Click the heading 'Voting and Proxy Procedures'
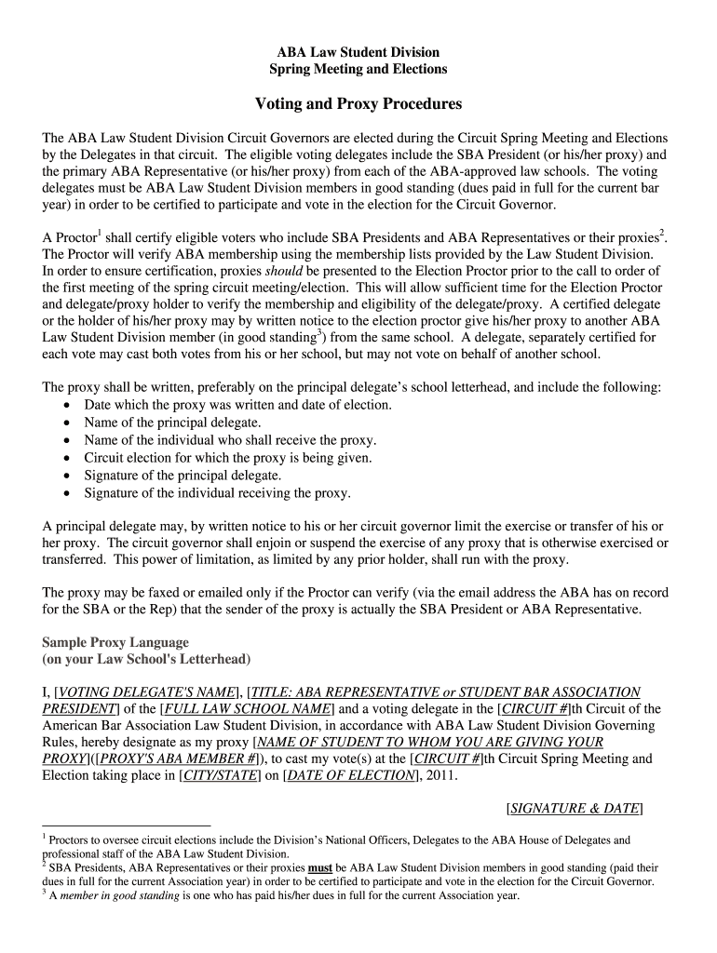[x=358, y=104]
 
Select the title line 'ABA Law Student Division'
[x=358, y=52]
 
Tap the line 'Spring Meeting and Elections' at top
[x=358, y=69]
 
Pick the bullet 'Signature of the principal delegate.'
[x=183, y=476]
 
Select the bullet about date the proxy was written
[x=237, y=405]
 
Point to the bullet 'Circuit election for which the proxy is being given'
[x=228, y=458]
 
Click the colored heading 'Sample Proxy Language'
[x=115, y=643]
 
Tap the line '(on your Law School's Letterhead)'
[x=146, y=660]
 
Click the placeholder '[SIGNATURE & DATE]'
[x=575, y=808]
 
